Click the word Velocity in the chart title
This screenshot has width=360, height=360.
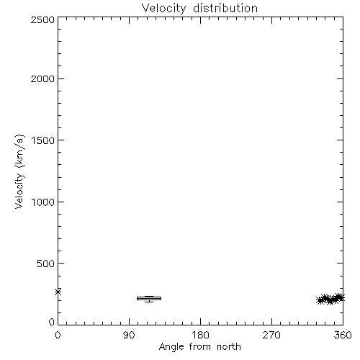pyautogui.click(x=164, y=9)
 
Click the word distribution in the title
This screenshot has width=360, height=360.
pyautogui.click(x=225, y=8)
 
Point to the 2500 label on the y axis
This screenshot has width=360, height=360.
pyautogui.click(x=42, y=19)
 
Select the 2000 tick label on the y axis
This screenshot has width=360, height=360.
pyautogui.click(x=42, y=78)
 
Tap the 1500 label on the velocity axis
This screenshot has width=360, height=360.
pyautogui.click(x=43, y=140)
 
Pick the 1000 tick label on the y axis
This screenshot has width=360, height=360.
pyautogui.click(x=43, y=202)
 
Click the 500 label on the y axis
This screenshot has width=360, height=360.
pyautogui.click(x=46, y=264)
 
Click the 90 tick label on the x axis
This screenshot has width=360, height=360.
pyautogui.click(x=129, y=335)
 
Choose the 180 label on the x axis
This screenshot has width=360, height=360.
pyautogui.click(x=200, y=335)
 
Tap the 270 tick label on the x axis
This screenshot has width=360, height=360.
pyautogui.click(x=271, y=335)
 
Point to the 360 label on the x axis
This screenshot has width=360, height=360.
pyautogui.click(x=343, y=335)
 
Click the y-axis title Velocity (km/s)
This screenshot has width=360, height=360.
pyautogui.click(x=19, y=171)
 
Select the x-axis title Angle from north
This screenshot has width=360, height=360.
pyautogui.click(x=200, y=347)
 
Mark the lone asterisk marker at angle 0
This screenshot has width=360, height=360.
pyautogui.click(x=58, y=292)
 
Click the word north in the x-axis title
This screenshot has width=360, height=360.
pyautogui.click(x=229, y=346)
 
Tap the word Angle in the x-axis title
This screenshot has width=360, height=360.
pyautogui.click(x=171, y=347)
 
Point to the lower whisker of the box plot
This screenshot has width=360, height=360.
pyautogui.click(x=149, y=301)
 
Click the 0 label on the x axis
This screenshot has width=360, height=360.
pyautogui.click(x=58, y=335)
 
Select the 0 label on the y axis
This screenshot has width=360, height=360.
pyautogui.click(x=52, y=322)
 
